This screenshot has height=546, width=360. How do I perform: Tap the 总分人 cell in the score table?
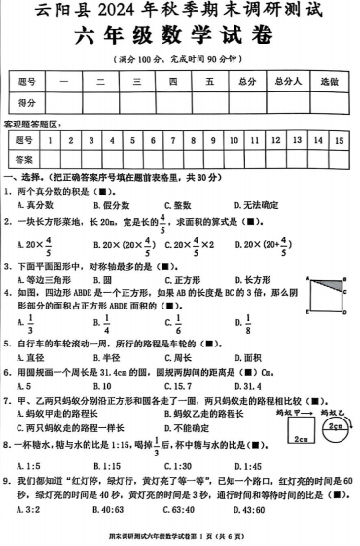pyautogui.click(x=285, y=82)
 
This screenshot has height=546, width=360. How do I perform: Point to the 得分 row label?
pyautogui.click(x=28, y=102)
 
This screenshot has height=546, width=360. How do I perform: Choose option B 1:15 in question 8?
pyautogui.click(x=107, y=468)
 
